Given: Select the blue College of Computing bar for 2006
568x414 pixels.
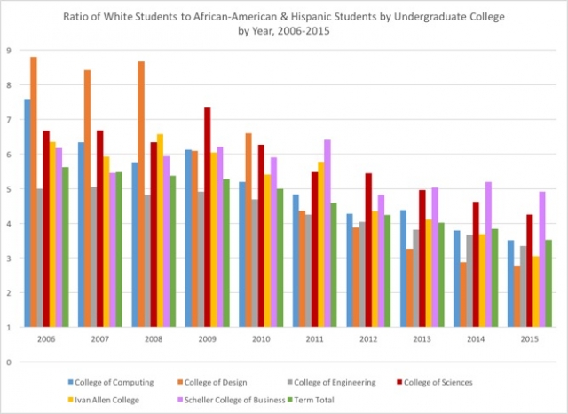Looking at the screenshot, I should pos(27,213).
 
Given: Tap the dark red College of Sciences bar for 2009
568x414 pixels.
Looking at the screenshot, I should pos(207,218).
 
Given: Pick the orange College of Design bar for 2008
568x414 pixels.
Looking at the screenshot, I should pos(141,195).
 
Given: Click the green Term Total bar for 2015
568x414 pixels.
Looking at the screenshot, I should pos(549,283).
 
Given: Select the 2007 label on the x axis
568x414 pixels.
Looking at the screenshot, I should pos(100,338).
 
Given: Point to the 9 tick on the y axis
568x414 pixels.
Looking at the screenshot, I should pos(8,51).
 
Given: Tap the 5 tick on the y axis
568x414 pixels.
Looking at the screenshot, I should pos(8,189).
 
